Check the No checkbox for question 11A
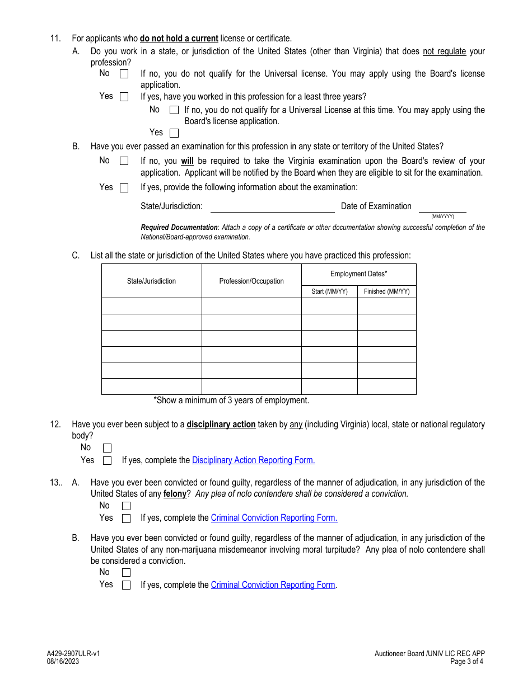tap(124, 74)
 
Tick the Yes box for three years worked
tap(174, 133)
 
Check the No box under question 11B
tap(124, 161)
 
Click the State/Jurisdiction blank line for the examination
tap(272, 207)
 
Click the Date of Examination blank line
tap(442, 207)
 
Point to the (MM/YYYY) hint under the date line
tap(442, 216)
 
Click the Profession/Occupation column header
tap(251, 281)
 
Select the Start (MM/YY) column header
tap(329, 291)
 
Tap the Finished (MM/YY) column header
tap(386, 291)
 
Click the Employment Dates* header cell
tap(358, 274)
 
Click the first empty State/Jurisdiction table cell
tap(151, 306)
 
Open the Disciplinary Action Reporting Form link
tap(253, 460)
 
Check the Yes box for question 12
tap(108, 461)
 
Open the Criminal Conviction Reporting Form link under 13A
tap(274, 518)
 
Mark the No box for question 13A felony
tap(126, 506)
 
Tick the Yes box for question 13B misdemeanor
tap(126, 585)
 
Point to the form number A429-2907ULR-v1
tap(73, 653)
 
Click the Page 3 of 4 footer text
tap(467, 661)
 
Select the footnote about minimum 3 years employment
tap(231, 400)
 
